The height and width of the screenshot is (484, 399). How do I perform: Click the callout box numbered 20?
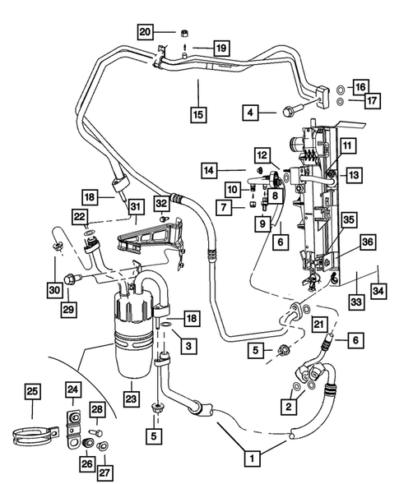click(145, 32)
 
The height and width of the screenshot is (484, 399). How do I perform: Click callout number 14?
click(211, 170)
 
